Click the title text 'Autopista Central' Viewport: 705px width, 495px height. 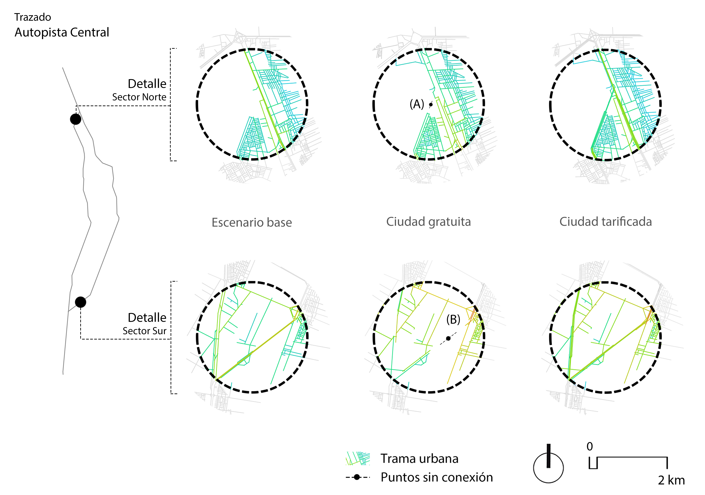point(62,32)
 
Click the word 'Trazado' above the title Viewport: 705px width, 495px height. point(33,17)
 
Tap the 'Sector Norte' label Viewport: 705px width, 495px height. point(139,97)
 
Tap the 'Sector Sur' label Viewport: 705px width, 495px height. point(144,331)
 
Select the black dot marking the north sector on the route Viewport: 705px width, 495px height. point(76,119)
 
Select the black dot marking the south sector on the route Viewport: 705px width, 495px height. point(80,302)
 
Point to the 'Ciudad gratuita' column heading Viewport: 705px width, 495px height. point(428,222)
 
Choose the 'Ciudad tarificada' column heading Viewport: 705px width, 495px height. point(605,222)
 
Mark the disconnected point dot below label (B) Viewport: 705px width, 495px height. point(448,338)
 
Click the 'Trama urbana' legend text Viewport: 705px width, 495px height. point(419,458)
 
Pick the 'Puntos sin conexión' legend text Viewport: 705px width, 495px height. point(437,477)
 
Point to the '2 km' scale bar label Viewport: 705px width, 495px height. point(671,480)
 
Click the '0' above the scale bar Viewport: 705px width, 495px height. point(590,447)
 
